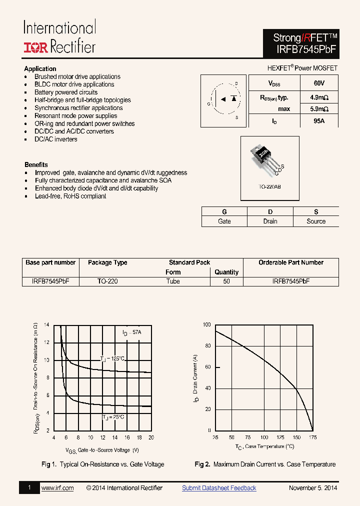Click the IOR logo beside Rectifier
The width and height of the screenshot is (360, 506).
(x=36, y=47)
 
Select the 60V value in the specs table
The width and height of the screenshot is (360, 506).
(x=319, y=83)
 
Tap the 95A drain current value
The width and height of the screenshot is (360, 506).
(x=319, y=121)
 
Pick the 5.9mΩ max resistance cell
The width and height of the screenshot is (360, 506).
(x=319, y=109)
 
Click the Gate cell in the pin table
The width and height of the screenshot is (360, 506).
(x=224, y=221)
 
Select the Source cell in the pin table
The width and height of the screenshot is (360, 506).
(x=316, y=221)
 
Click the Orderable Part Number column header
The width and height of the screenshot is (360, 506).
(x=290, y=262)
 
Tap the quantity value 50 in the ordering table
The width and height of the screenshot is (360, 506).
(x=226, y=281)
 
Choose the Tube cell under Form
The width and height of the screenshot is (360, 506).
(x=173, y=281)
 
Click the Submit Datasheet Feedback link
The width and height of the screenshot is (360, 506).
(x=219, y=488)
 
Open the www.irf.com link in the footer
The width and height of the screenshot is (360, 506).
(x=57, y=488)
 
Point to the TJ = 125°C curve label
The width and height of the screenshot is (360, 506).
(x=112, y=358)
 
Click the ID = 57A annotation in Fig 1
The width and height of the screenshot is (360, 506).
(x=132, y=332)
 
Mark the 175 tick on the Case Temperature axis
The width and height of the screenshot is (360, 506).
(x=313, y=437)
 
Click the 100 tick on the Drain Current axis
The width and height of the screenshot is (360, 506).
(x=207, y=325)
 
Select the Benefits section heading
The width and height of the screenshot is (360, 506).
(x=36, y=164)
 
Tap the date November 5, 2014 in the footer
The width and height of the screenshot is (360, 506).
(x=313, y=488)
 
